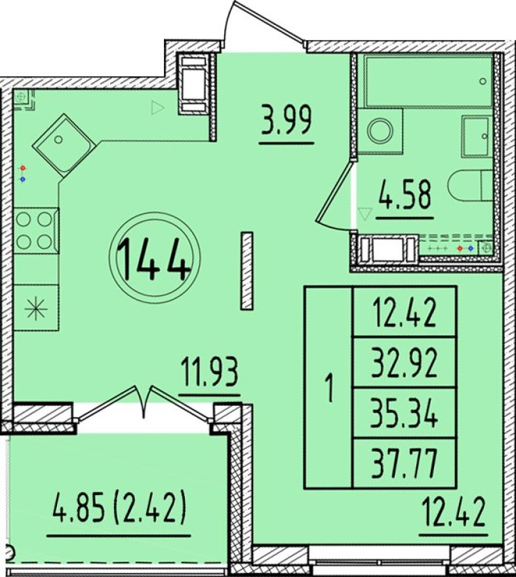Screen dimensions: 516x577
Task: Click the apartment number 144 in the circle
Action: tap(154, 258)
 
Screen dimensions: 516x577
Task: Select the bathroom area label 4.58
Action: tap(405, 195)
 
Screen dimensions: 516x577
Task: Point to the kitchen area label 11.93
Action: tap(210, 373)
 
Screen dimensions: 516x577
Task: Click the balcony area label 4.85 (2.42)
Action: tap(119, 510)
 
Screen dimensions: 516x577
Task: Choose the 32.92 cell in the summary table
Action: tap(405, 363)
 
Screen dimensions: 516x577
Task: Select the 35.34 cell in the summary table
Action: tap(405, 413)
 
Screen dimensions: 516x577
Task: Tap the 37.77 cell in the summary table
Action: tap(405, 464)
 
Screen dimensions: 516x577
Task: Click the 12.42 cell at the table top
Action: tap(405, 312)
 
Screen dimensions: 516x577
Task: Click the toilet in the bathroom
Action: tap(470, 185)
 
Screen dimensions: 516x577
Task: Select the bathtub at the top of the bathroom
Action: tap(428, 80)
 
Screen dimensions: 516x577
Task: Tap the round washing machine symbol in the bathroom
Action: tap(381, 130)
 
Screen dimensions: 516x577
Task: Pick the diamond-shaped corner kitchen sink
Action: tap(64, 144)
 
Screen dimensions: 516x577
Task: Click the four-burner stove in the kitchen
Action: tap(35, 231)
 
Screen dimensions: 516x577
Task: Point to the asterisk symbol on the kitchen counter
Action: tap(35, 308)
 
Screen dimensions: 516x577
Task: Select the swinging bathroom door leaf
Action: tap(332, 195)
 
